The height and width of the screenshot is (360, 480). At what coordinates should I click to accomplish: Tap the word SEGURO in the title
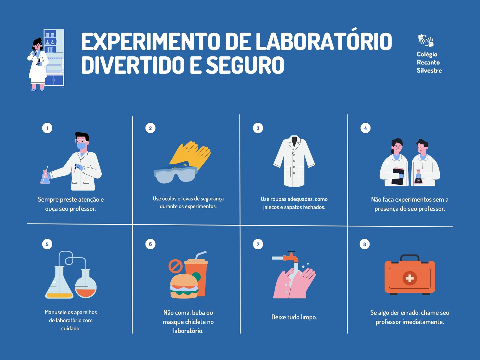pos(245,65)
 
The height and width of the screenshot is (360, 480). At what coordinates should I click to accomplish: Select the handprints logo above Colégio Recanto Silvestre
pos(425,40)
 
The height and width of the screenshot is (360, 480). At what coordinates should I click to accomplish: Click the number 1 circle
pos(47,128)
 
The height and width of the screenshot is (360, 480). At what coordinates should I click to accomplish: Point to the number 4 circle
pos(365,128)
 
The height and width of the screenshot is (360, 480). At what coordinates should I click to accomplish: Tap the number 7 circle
pos(258,244)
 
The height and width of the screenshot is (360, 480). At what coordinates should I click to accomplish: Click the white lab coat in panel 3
pos(294,161)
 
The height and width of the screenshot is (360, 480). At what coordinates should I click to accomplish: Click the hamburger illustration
pos(184,286)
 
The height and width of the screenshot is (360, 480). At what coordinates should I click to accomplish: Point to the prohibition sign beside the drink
pos(175,266)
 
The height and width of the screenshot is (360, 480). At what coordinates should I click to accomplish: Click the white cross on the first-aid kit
pos(409,278)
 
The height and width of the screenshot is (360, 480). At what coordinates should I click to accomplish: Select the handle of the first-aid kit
pos(409,257)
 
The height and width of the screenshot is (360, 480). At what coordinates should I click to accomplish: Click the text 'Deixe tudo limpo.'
pos(294,317)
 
